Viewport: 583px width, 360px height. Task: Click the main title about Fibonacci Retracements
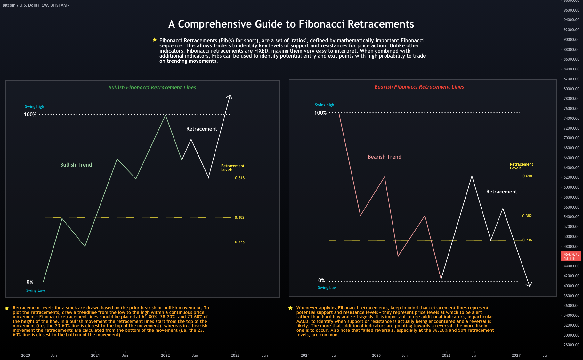tap(291, 24)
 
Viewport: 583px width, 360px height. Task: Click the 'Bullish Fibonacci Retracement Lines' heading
tap(152, 87)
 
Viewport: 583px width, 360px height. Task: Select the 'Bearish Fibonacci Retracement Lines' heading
tap(419, 87)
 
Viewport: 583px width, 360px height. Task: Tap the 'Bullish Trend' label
tap(76, 165)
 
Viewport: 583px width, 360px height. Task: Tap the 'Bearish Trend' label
tap(384, 157)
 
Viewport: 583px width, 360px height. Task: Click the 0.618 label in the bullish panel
tap(239, 178)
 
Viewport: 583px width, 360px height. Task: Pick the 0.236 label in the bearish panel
tap(527, 240)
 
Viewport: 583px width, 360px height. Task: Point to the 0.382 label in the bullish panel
tap(239, 217)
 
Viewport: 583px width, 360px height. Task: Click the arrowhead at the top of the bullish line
tap(230, 96)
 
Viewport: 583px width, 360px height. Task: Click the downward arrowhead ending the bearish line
tap(529, 285)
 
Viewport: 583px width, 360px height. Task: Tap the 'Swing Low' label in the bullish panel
tap(36, 290)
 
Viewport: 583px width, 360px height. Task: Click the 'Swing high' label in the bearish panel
tap(324, 105)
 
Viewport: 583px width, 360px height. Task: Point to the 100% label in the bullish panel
tap(30, 114)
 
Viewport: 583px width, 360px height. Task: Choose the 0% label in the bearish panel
tap(321, 280)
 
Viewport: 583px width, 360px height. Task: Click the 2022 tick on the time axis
tap(165, 355)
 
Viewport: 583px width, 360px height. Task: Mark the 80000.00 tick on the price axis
tap(571, 89)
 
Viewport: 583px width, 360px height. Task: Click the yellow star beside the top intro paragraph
tap(155, 40)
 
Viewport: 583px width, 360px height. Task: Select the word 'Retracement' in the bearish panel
tap(501, 192)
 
